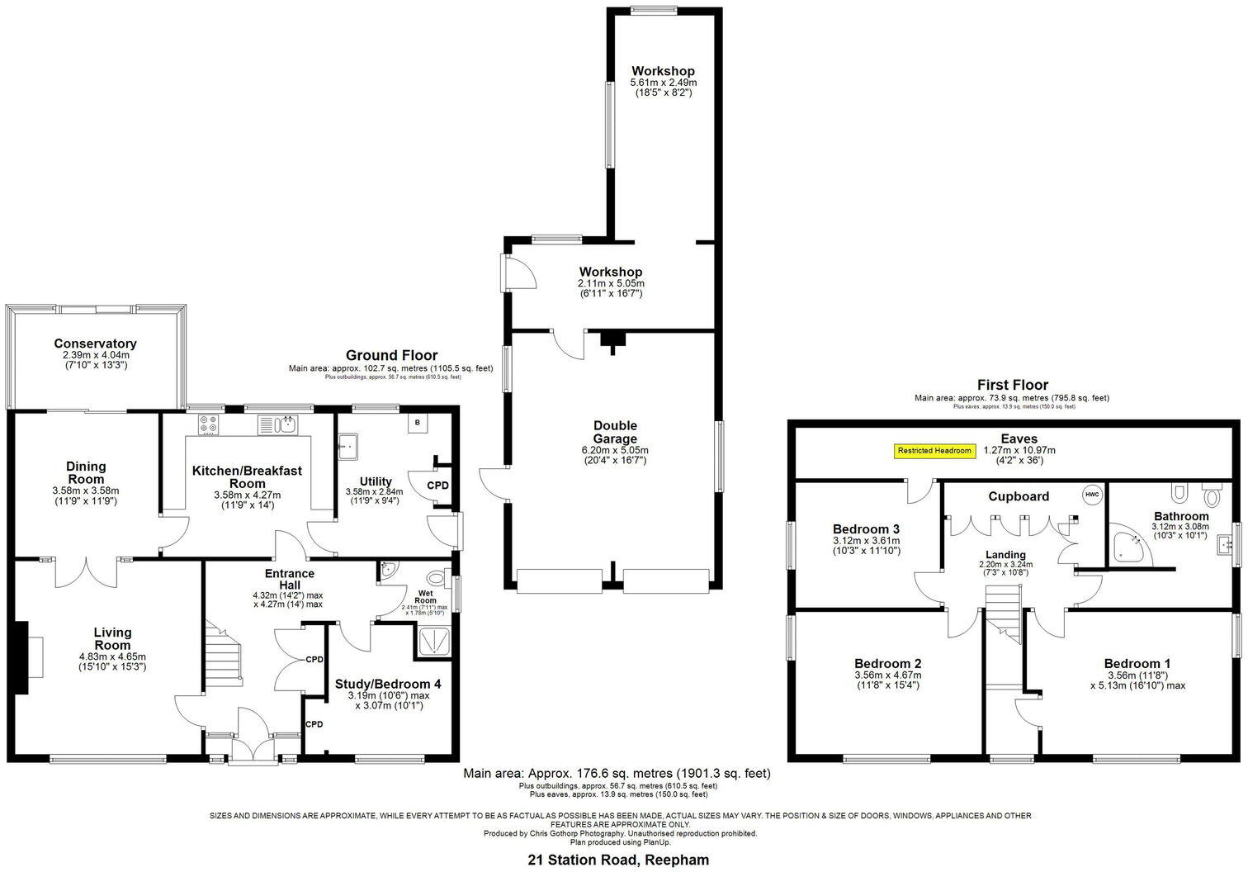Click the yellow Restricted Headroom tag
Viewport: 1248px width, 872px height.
coord(934,451)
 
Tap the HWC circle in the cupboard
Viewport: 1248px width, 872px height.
coord(1092,495)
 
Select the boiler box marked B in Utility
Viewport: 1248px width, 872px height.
coord(418,423)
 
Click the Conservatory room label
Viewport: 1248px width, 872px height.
coord(95,344)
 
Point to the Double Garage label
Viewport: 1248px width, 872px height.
coord(615,432)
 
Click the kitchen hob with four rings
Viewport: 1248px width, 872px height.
coord(207,424)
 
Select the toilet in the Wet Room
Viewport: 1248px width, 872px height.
coord(437,577)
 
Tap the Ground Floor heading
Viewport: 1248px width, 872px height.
coord(391,356)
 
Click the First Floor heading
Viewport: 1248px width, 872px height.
coord(1012,385)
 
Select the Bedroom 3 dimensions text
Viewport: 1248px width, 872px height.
coord(866,546)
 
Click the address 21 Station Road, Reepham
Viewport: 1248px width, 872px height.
coord(617,860)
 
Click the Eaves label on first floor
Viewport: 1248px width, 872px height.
coord(1019,438)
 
